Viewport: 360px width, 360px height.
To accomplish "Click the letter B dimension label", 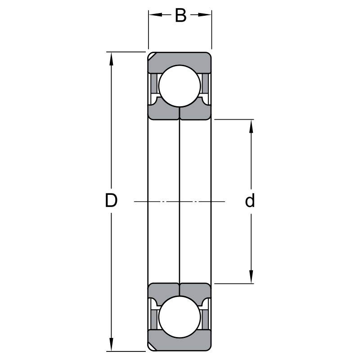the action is [x=180, y=15].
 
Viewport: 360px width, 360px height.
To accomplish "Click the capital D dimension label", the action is [x=111, y=200].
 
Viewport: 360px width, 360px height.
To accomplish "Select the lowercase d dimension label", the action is [x=250, y=200].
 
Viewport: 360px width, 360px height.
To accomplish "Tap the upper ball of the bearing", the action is [x=180, y=86].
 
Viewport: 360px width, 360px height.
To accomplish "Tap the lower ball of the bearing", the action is [x=180, y=317].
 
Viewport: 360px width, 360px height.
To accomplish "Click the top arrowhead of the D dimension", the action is [x=111, y=59].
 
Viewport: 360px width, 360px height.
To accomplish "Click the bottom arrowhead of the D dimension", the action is [x=111, y=344].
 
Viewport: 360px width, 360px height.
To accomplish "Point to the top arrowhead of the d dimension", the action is [x=251, y=126].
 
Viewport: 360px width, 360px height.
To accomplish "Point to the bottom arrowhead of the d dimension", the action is [x=251, y=277].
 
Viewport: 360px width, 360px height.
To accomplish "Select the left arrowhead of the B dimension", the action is [x=155, y=15].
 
